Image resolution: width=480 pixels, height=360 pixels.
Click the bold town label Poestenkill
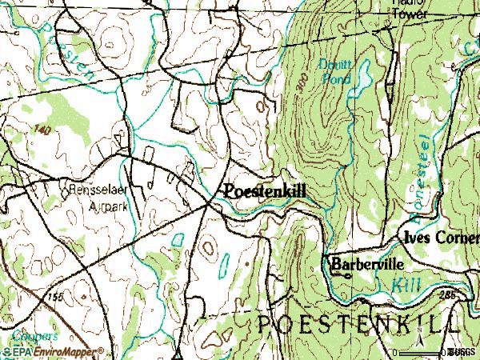click(x=265, y=192)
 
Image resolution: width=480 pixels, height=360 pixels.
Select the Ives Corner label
click(x=438, y=238)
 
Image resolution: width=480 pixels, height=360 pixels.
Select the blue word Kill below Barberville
click(x=407, y=284)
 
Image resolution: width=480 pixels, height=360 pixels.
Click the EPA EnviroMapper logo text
click(x=52, y=351)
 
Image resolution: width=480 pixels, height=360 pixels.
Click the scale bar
click(x=420, y=352)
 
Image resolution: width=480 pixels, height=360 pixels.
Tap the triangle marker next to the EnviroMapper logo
click(x=181, y=353)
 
